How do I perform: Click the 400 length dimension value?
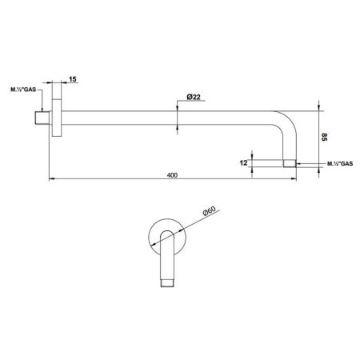coord(172,175)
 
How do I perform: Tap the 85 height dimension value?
coord(325,137)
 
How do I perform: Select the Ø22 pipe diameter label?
coord(194,97)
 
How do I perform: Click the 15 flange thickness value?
coord(73,79)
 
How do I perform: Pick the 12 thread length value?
coord(243,162)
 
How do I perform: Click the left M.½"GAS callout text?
coord(23,90)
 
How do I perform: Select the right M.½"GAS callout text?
coord(340,163)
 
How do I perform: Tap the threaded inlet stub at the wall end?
coord(42,118)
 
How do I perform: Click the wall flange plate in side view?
coord(57,118)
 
